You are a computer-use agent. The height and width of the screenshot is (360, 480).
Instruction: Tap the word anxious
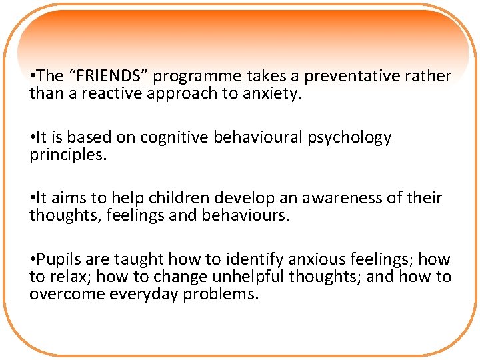[x=295, y=259]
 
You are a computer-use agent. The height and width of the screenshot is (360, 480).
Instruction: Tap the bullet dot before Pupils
[x=33, y=260]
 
